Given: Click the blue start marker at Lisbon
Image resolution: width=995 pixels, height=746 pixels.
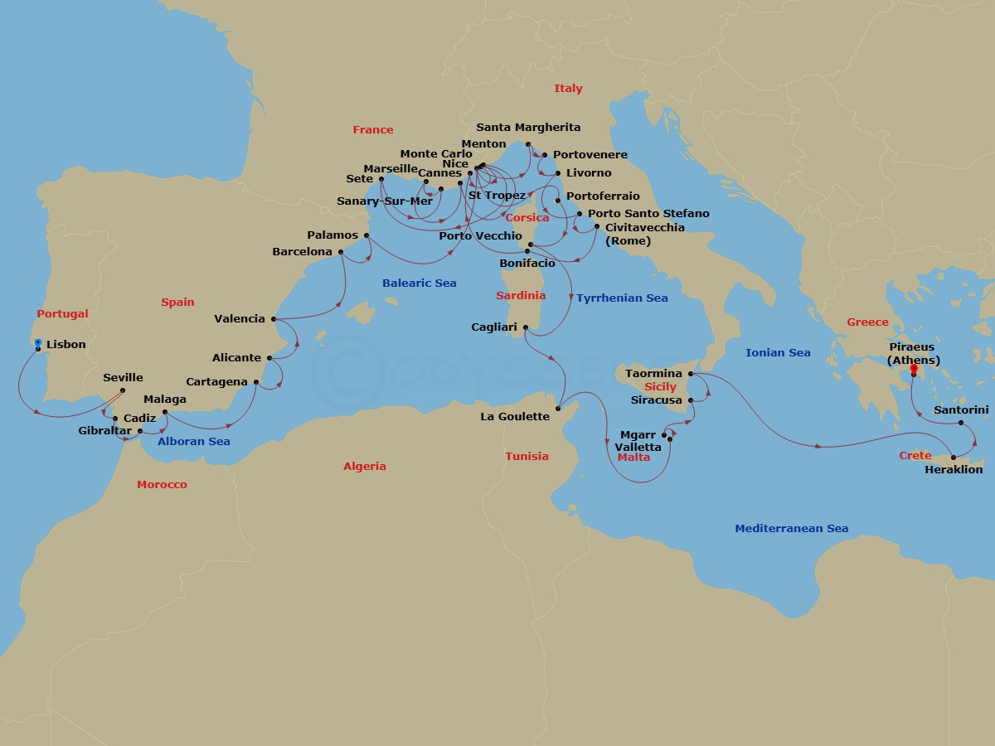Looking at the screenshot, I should pyautogui.click(x=38, y=342).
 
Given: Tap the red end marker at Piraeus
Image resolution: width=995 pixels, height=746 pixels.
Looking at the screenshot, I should pyautogui.click(x=914, y=369).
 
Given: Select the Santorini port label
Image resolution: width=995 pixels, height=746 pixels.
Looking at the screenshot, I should pyautogui.click(x=961, y=409).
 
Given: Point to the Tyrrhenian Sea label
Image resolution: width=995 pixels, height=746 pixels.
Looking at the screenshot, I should pyautogui.click(x=622, y=298).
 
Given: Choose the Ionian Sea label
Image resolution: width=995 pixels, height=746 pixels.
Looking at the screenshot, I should pyautogui.click(x=778, y=353).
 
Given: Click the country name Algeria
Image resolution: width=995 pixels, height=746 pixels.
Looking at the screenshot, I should pyautogui.click(x=365, y=467).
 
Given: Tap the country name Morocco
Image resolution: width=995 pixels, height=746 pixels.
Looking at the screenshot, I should pyautogui.click(x=162, y=484).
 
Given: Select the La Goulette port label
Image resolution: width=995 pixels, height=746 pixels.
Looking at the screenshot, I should pyautogui.click(x=515, y=417).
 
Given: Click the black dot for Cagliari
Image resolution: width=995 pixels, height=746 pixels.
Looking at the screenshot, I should pyautogui.click(x=527, y=327).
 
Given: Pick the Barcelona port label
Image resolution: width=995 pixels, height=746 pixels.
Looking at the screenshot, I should pyautogui.click(x=302, y=252).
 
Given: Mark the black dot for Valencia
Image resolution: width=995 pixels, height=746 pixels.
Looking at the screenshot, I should pyautogui.click(x=274, y=319).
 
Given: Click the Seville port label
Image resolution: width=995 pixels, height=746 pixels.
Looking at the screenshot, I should pyautogui.click(x=123, y=378).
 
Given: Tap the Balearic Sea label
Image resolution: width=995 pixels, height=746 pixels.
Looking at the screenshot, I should pyautogui.click(x=419, y=283).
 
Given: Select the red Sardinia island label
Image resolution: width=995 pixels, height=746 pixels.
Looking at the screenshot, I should pyautogui.click(x=521, y=296).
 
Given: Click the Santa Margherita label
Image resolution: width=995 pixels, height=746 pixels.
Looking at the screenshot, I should pyautogui.click(x=528, y=128).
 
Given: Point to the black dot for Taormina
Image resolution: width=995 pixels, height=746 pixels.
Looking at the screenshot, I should pyautogui.click(x=691, y=374).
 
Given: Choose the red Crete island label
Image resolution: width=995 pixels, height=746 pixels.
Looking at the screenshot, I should pyautogui.click(x=915, y=457).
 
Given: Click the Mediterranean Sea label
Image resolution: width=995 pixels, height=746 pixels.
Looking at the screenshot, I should pyautogui.click(x=791, y=529).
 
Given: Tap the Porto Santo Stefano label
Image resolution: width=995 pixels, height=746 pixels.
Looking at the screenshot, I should pyautogui.click(x=648, y=214).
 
